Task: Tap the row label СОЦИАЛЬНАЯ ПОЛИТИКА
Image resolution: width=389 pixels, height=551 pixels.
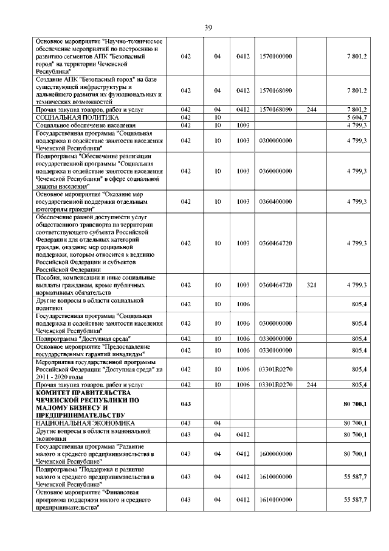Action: (77, 117)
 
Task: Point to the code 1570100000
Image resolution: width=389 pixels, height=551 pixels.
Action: (275, 57)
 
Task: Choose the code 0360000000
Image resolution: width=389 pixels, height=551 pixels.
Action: (275, 172)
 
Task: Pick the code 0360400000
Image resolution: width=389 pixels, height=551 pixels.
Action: (275, 201)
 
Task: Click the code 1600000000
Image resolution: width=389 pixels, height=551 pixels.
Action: (275, 454)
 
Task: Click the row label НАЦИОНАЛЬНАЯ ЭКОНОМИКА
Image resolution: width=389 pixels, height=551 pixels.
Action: (85, 423)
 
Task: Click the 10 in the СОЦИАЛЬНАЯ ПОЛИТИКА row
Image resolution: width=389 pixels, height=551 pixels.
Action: (216, 117)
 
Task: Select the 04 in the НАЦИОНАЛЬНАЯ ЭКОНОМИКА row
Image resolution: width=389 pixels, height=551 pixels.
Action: (216, 423)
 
